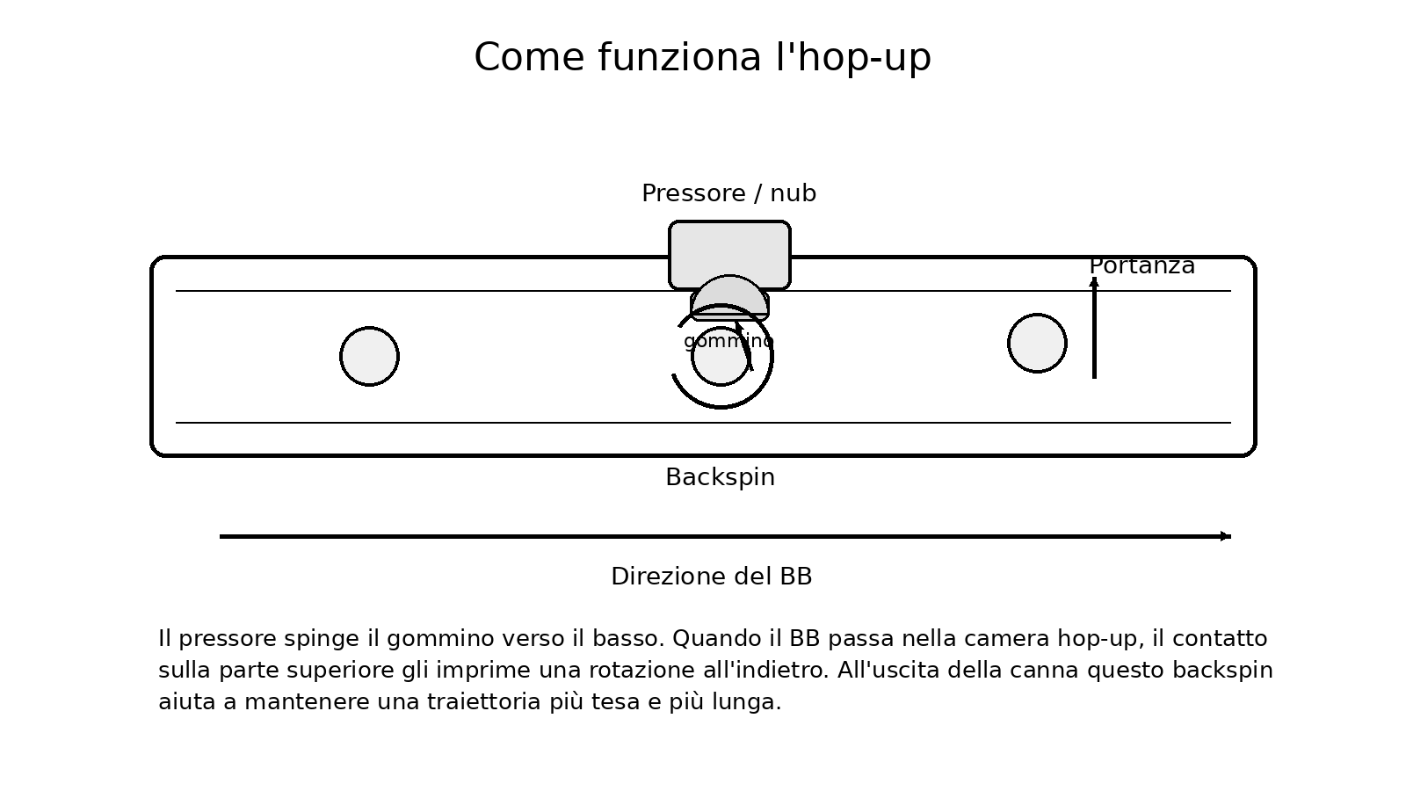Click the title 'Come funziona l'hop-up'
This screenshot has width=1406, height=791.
(x=702, y=58)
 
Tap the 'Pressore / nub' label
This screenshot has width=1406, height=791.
(x=728, y=193)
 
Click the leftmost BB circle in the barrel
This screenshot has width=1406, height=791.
(x=369, y=356)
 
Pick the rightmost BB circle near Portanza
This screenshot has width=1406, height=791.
(x=1037, y=343)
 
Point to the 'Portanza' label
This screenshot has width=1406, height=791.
(x=1141, y=265)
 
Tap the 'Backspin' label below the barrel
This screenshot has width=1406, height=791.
(x=720, y=477)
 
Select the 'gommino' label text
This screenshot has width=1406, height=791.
(x=728, y=341)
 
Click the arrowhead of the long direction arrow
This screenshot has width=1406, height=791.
(x=1225, y=536)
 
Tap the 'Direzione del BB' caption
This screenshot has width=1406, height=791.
(x=711, y=577)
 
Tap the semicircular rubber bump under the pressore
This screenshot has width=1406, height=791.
(x=729, y=294)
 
